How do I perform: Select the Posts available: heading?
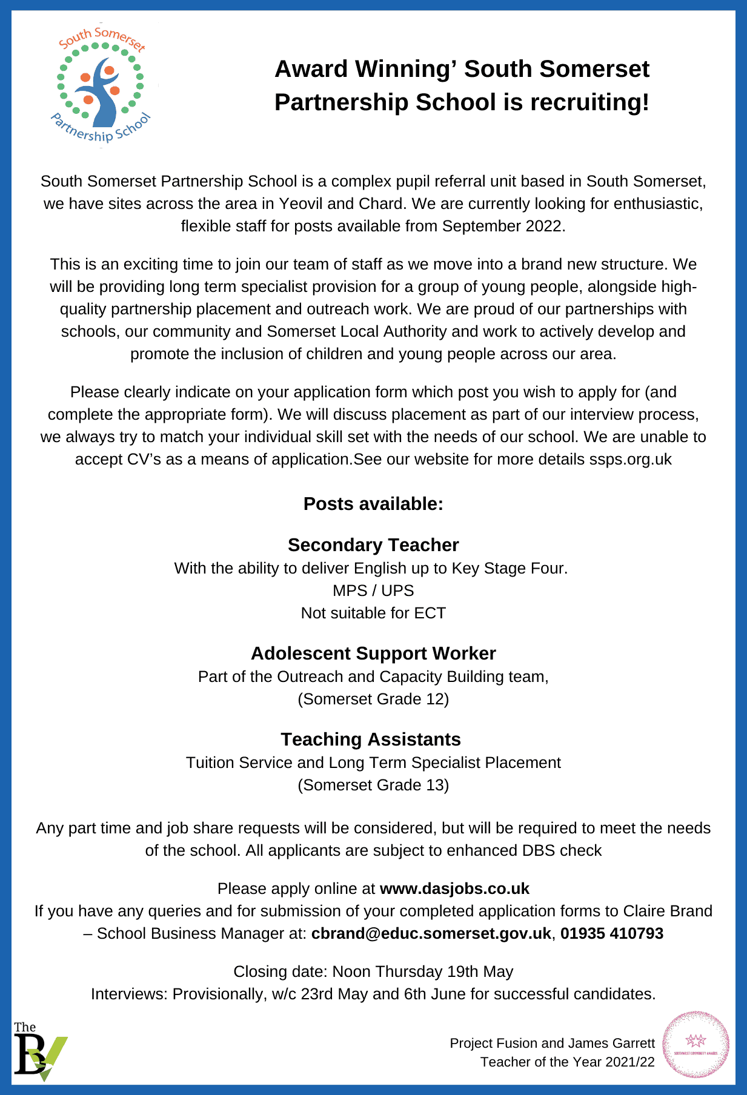(x=373, y=504)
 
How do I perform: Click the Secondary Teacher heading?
(x=373, y=545)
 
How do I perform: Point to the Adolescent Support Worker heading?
(x=373, y=653)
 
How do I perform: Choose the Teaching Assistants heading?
(x=371, y=739)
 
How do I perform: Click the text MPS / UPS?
(x=373, y=591)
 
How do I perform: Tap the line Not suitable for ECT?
(x=373, y=613)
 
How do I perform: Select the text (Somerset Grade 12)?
(x=373, y=699)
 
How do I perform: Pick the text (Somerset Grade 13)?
(x=373, y=785)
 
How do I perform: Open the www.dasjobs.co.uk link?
(x=454, y=888)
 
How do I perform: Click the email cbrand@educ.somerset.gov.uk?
(x=431, y=933)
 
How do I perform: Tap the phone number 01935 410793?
(x=612, y=933)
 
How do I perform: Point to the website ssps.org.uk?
(x=630, y=459)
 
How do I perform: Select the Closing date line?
(x=373, y=971)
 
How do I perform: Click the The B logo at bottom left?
(x=40, y=1051)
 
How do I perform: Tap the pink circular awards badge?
(x=696, y=1045)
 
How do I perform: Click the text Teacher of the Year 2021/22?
(x=568, y=1062)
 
